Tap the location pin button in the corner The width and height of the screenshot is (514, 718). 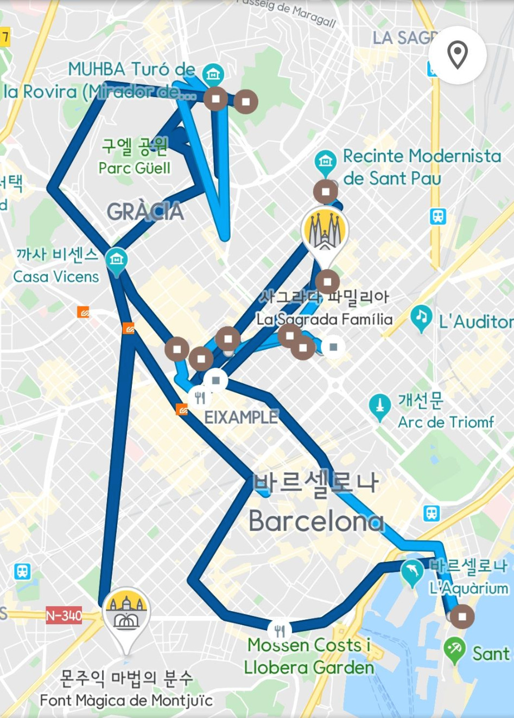click(457, 55)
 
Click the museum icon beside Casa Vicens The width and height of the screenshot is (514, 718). click(116, 259)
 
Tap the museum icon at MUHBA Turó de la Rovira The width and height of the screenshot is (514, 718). click(213, 73)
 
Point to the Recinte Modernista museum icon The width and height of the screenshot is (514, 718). click(325, 161)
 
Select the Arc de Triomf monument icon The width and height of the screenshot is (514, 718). click(379, 406)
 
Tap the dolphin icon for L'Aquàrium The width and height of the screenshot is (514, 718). click(412, 571)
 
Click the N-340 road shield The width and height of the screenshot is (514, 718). click(64, 616)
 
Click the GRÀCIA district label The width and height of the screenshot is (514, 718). click(145, 212)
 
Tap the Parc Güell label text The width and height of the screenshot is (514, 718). click(135, 168)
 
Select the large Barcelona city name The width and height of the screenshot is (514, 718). click(316, 522)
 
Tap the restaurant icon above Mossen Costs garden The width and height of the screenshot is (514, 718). click(280, 631)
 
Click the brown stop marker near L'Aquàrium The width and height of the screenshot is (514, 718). click(462, 617)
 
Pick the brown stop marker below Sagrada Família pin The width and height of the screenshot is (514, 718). click(327, 281)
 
